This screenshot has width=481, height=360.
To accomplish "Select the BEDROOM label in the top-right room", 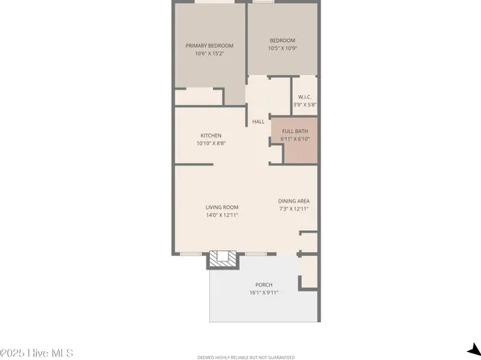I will point(282,40).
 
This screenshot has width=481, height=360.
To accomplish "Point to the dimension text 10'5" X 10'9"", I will point(282,48).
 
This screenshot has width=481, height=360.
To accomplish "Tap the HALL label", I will point(258,122).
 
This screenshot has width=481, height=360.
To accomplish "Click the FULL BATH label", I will point(295,131).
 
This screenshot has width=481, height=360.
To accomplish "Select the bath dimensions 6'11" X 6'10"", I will point(295,139).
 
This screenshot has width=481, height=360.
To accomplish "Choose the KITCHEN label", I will point(211,136).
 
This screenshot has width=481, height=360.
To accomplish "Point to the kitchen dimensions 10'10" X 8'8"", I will point(211,144).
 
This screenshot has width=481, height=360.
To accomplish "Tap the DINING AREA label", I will point(294,201).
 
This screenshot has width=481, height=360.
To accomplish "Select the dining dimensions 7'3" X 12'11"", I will point(294,209).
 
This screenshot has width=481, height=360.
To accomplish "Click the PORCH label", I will point(264,285).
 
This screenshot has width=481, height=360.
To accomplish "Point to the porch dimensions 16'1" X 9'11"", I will point(264,293).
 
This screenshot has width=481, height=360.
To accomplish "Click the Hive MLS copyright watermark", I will point(37,353).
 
